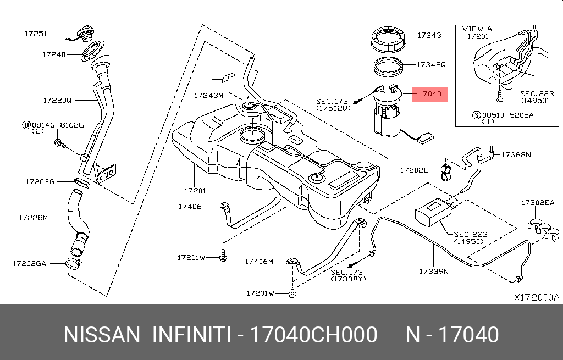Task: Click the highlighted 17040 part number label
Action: click(x=430, y=94)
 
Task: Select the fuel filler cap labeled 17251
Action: click(x=85, y=34)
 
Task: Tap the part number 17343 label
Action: click(x=429, y=35)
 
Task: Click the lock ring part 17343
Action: click(x=389, y=40)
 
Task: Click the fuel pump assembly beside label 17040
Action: click(x=390, y=113)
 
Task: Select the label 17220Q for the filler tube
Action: click(x=57, y=101)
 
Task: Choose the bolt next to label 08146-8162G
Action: click(x=59, y=144)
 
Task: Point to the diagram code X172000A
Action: click(x=536, y=297)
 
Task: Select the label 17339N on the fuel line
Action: click(x=434, y=271)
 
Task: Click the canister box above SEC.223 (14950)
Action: click(x=432, y=211)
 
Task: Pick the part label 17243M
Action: click(x=208, y=95)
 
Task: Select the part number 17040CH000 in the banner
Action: click(x=313, y=335)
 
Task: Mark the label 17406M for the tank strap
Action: click(x=259, y=262)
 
